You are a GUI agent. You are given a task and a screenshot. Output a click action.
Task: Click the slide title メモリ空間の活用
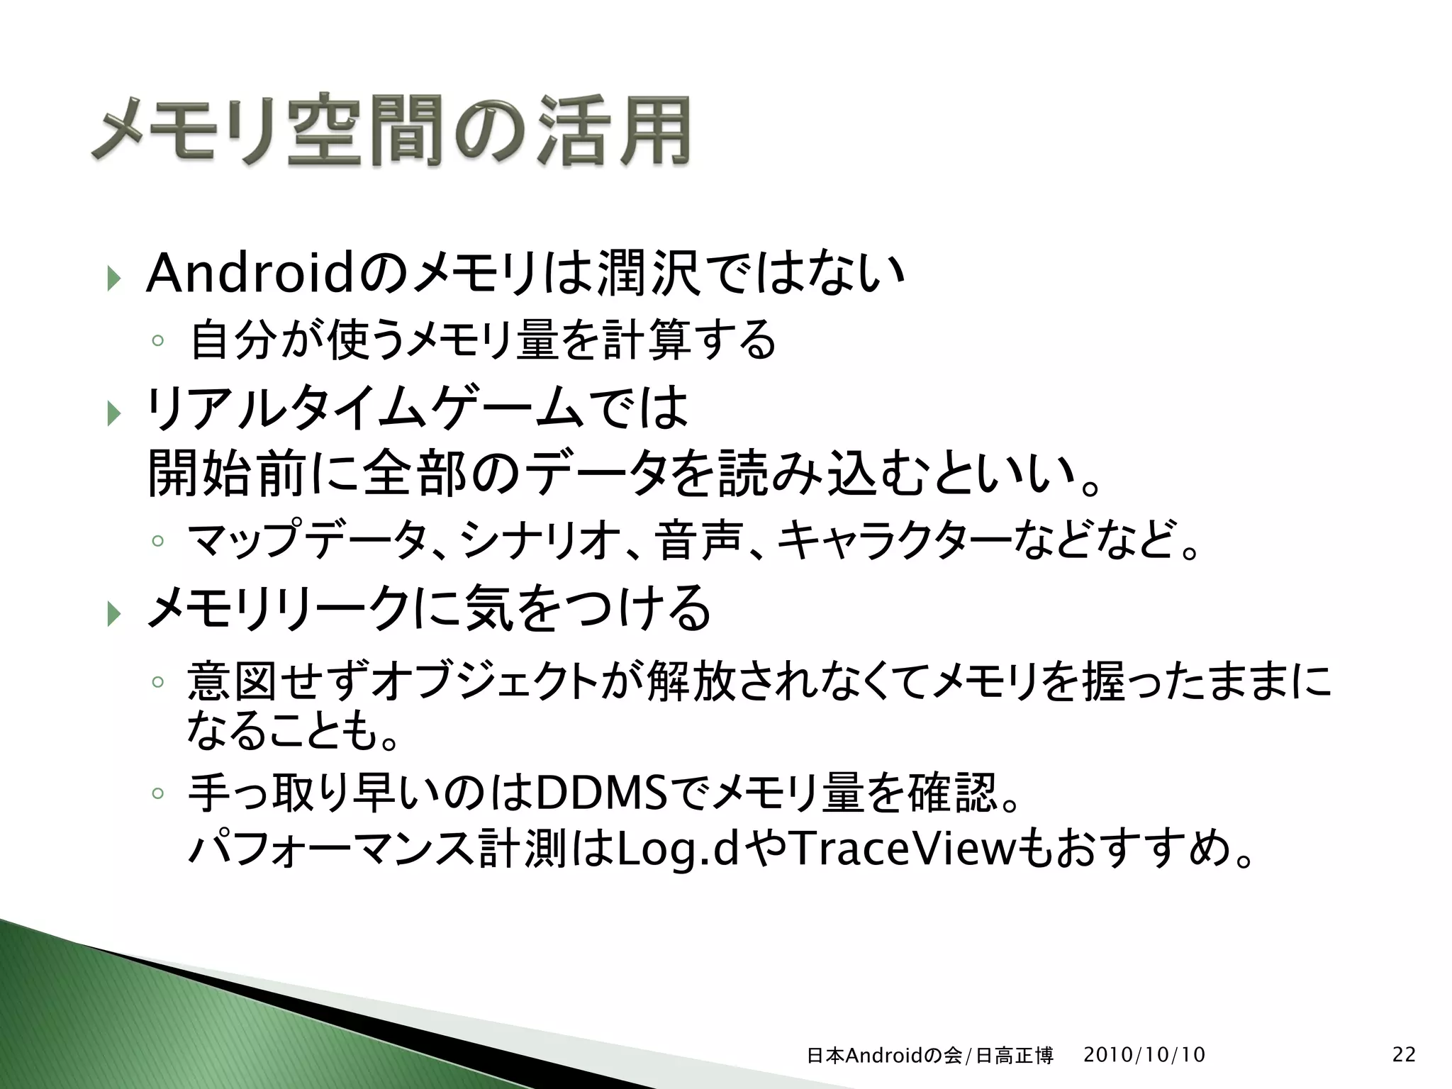click(x=391, y=130)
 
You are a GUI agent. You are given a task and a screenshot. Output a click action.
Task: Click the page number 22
click(x=1404, y=1054)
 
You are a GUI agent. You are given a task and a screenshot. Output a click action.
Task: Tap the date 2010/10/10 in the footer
click(x=1144, y=1054)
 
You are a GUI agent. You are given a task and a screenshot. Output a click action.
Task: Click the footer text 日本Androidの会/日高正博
click(x=929, y=1056)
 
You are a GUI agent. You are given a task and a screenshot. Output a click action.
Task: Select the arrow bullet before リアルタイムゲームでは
click(x=113, y=412)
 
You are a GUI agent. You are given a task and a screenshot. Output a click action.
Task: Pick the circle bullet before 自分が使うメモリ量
click(x=157, y=341)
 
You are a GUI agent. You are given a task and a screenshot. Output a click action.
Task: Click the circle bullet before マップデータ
click(x=157, y=541)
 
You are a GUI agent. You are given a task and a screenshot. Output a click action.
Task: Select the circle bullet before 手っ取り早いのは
click(x=157, y=792)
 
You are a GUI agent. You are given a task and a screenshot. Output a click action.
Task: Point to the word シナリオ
click(x=525, y=541)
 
